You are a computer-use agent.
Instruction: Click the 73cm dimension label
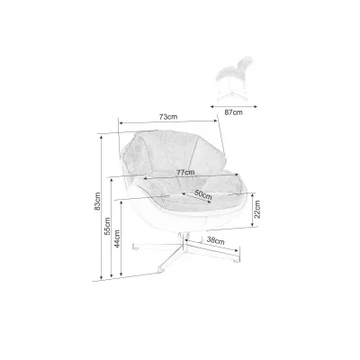(168, 117)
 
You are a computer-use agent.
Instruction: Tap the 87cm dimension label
(233, 112)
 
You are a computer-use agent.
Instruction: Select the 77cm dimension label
(185, 173)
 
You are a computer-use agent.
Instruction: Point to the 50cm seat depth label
(203, 195)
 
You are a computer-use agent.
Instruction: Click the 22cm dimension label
(257, 209)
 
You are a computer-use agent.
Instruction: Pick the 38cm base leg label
(216, 240)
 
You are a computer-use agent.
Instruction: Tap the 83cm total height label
(97, 202)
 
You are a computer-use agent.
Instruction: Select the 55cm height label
(107, 226)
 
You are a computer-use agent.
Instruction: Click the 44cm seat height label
(117, 238)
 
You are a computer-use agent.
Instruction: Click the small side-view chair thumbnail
(235, 78)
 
